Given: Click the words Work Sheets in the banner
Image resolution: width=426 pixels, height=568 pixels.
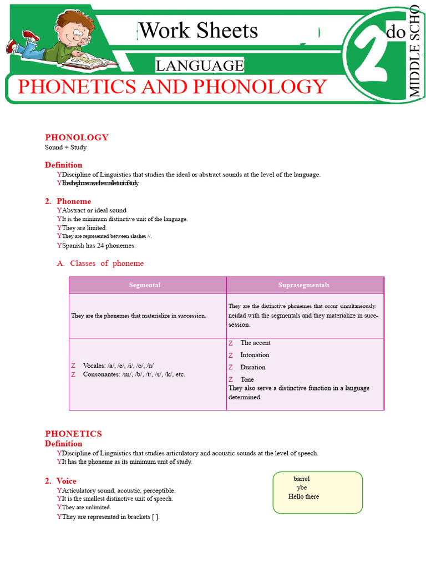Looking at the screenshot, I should [199, 31].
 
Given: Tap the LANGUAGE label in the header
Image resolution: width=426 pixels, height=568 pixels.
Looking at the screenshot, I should [200, 66].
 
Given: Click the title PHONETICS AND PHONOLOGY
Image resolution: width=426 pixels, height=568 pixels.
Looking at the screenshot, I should [173, 87].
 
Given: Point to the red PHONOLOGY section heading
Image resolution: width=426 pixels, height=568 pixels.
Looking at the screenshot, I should [77, 138].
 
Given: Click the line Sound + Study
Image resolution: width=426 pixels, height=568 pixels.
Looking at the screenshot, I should [65, 148].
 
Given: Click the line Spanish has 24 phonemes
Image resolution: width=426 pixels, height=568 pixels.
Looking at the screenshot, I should [99, 245].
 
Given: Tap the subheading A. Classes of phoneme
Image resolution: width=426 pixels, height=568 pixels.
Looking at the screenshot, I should [100, 263].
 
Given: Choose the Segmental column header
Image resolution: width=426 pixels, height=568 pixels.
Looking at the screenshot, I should [145, 285].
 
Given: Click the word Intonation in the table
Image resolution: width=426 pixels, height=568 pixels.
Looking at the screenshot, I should [255, 355].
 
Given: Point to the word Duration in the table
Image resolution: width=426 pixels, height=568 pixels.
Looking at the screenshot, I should [252, 367].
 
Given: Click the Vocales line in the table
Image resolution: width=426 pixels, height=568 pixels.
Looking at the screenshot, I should [118, 366].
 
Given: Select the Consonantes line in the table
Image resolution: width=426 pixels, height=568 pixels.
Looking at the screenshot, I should [134, 374].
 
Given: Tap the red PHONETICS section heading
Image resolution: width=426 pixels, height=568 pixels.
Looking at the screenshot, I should [73, 434].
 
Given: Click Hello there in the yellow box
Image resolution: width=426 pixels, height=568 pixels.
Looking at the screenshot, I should [303, 496].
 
